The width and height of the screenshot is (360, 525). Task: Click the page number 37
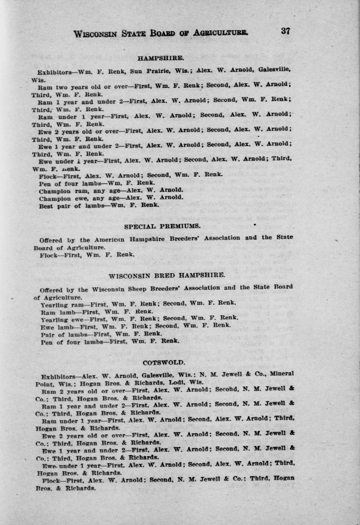285,31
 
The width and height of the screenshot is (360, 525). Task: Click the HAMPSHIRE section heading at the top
161,58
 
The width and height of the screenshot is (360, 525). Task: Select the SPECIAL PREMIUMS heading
162,226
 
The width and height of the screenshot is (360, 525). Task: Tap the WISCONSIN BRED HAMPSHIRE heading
167,275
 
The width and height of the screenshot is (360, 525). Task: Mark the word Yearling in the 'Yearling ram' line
54,304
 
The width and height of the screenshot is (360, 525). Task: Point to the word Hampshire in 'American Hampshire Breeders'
147,239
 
